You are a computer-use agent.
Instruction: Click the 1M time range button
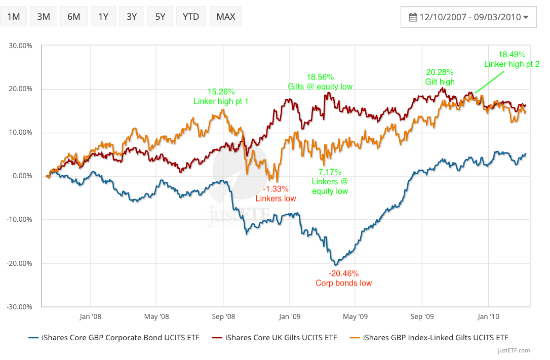click(13, 17)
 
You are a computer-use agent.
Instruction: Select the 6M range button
click(73, 17)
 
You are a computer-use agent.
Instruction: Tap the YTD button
click(190, 17)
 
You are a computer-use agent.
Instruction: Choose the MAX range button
click(225, 17)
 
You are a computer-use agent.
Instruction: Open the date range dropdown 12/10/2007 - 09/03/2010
click(468, 17)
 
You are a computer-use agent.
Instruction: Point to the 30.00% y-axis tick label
click(20, 46)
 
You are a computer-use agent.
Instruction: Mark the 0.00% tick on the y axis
click(22, 176)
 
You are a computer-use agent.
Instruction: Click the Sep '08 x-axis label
click(223, 317)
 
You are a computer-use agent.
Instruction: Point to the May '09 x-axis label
click(355, 317)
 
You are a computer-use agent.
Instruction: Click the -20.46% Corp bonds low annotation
click(343, 278)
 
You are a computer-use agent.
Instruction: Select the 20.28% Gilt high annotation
click(440, 76)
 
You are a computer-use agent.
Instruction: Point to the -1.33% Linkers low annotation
click(276, 193)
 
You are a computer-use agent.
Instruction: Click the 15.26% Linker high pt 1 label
click(221, 96)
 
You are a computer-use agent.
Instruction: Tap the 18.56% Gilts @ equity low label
click(320, 82)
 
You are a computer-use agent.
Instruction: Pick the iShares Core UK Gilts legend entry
click(281, 337)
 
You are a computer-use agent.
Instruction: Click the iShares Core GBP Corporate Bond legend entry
click(114, 337)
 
